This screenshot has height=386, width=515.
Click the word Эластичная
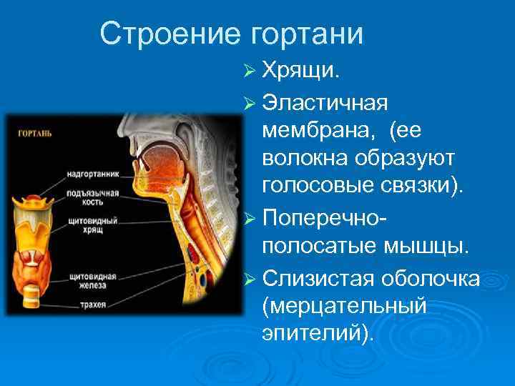(x=325, y=102)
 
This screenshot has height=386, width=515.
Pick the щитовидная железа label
(x=89, y=280)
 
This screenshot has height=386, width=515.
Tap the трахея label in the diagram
(x=89, y=305)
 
